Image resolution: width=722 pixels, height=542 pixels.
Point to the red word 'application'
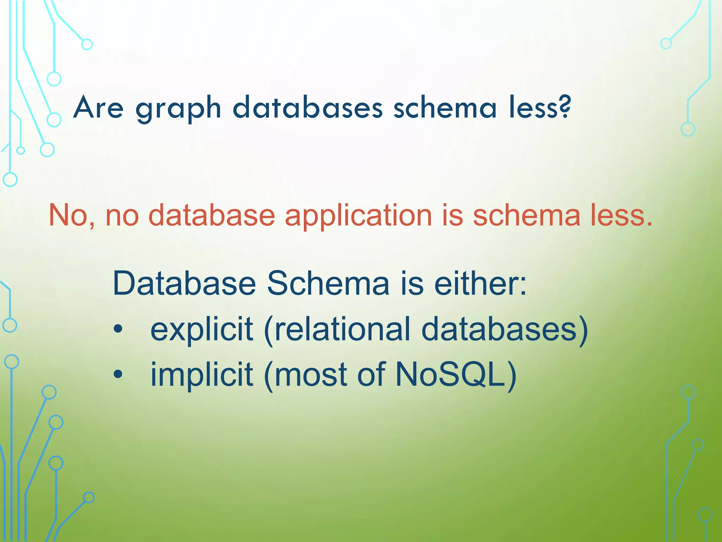(x=358, y=216)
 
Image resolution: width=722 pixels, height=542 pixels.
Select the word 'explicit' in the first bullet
(x=201, y=329)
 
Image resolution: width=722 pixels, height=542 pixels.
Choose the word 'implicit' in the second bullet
(x=201, y=374)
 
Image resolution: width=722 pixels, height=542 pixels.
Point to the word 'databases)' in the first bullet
(x=504, y=329)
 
